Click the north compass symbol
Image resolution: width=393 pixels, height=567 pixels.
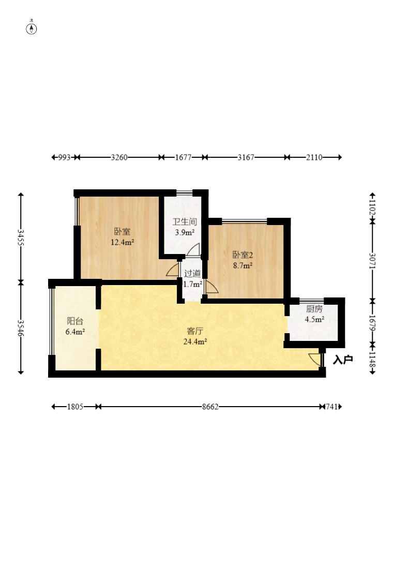coord(32,28)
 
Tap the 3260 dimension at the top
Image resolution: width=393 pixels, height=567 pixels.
coord(119,157)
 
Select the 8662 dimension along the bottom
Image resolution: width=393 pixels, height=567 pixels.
coord(210,407)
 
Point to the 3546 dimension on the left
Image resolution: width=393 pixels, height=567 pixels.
coord(21,328)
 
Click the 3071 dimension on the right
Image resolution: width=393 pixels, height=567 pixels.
coord(372,261)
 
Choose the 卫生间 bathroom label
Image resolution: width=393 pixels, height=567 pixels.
coord(185,221)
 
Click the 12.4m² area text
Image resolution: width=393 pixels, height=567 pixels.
coord(122,242)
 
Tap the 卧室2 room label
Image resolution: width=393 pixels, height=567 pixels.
coord(243,255)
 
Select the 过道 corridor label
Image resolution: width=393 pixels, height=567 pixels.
coord(192,274)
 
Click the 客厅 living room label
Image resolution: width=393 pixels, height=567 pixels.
coord(195,331)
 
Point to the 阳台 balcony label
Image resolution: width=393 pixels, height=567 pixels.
coord(75,321)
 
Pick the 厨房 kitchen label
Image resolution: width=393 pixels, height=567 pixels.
coord(314,309)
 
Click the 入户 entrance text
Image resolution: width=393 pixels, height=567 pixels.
coord(343,360)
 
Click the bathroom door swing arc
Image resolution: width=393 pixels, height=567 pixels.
coord(194,249)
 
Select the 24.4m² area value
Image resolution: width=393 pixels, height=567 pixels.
coord(195,341)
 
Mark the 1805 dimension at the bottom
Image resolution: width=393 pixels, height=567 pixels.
coord(75,407)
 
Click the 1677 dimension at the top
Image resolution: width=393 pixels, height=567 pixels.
coord(183,157)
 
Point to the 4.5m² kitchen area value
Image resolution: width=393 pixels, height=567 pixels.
coord(314,319)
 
